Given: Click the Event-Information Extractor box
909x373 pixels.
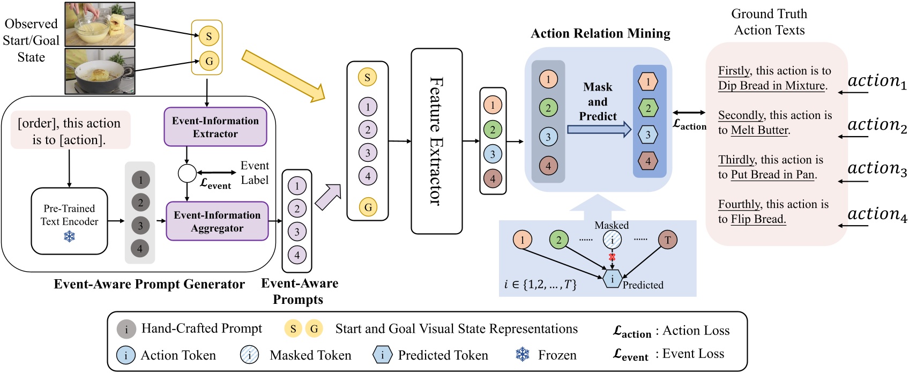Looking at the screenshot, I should point(215,127).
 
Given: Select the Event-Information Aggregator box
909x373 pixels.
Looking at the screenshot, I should point(217,221).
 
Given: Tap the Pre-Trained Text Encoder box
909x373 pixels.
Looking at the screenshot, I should point(69,220).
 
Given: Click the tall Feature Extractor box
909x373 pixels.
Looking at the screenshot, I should point(436,141).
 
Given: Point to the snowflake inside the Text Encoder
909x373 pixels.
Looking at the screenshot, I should point(69,236).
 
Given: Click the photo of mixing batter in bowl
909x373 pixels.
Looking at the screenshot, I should point(100,24).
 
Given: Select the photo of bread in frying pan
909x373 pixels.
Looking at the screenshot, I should point(100,71).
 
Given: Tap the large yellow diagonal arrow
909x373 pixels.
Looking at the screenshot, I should point(283,75).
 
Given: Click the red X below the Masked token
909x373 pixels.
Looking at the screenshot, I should point(612,257).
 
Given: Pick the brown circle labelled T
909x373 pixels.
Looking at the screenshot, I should point(667,240).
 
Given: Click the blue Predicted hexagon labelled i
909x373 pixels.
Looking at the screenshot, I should point(612,279).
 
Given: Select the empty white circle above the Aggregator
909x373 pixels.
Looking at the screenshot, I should point(187,173).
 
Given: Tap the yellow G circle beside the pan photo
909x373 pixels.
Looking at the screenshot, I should point(209,61).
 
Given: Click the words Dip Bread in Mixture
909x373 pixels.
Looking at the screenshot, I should point(772,86).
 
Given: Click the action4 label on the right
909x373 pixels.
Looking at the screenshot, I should point(877,214).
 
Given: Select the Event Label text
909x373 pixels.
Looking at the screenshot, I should point(255,173).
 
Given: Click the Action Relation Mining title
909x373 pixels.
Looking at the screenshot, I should point(600,34).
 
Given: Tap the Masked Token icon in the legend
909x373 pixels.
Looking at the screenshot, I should point(250,355).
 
